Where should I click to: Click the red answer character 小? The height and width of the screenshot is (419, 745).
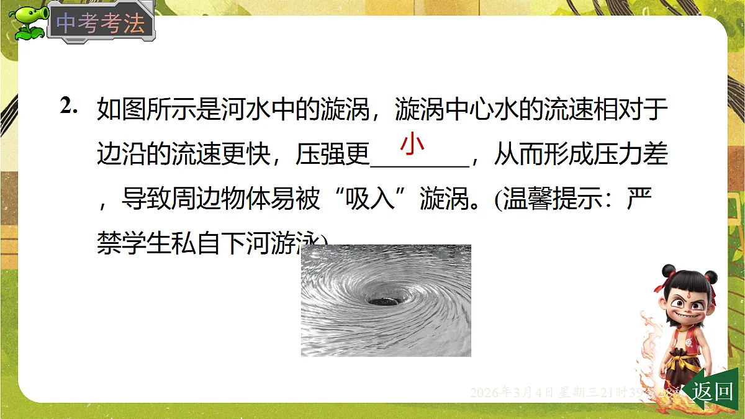pos(412,143)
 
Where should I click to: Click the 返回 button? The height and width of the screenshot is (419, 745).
pos(713,391)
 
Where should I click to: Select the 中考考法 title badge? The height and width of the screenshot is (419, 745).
pos(101,24)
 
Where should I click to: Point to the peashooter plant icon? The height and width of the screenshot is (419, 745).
pos(28,22)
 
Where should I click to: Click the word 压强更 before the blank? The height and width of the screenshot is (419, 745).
pos(333,155)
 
